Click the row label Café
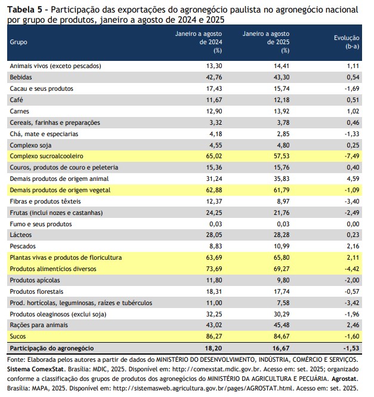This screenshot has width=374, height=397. pos(17,99)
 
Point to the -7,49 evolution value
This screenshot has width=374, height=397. pos(349,155)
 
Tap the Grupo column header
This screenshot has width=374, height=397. pos(19,42)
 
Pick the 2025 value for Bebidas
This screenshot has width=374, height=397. pos(280,77)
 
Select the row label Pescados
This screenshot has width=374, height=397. pos(23,245)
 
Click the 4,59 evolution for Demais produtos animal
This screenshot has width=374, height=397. pos(351,178)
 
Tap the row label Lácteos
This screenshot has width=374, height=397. pos(21,234)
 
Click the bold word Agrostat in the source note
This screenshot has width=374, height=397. pos(344,378)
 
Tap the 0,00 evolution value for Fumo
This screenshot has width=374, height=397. pos(351,223)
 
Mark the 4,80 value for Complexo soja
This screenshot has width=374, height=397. pos(282,144)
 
